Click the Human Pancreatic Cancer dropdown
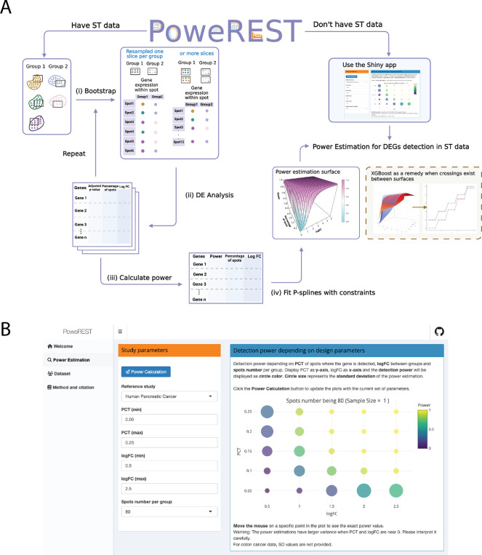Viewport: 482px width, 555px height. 169,397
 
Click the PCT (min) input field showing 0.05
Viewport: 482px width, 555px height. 169,420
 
